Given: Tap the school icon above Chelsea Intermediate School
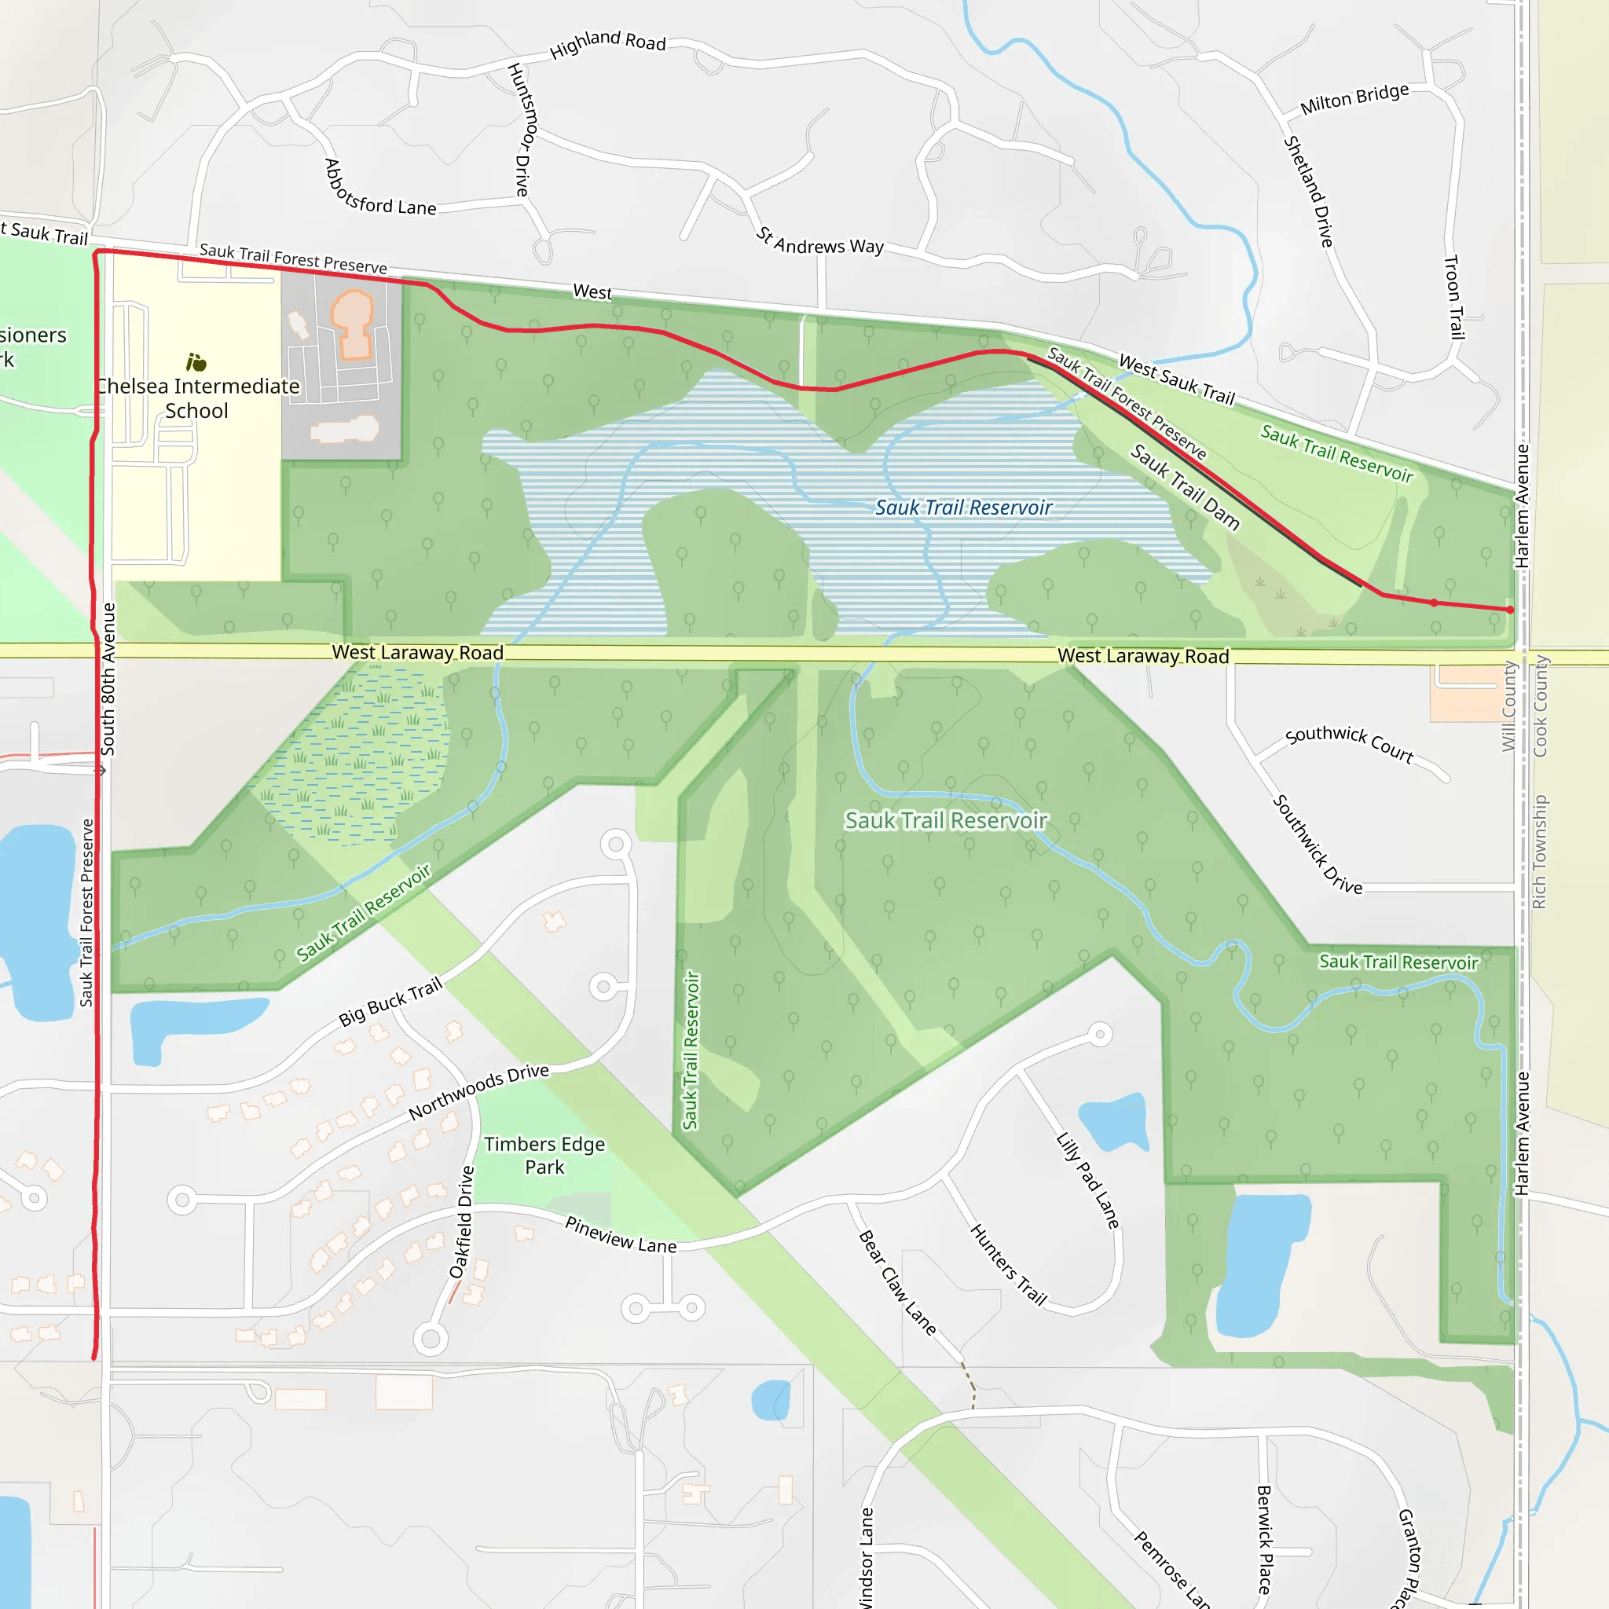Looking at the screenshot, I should (x=196, y=362).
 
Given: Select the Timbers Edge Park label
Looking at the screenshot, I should (x=544, y=1155).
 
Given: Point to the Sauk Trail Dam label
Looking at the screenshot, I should (x=1184, y=487).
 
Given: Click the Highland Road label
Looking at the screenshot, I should (x=608, y=44).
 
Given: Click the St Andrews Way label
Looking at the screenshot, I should (x=820, y=242).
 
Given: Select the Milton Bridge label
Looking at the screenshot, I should (x=1354, y=98).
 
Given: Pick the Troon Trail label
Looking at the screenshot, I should (x=1453, y=297).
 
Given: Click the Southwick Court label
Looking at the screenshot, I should (x=1349, y=743).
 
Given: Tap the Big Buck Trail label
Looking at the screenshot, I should (x=390, y=1002).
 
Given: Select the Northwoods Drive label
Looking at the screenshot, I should (x=479, y=1091).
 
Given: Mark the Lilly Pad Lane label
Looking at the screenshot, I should (x=1087, y=1180).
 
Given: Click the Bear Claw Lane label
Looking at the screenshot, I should (x=898, y=1282).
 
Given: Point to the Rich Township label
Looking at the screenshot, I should (x=1539, y=851).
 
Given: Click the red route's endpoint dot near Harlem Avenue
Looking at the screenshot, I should (x=1510, y=610).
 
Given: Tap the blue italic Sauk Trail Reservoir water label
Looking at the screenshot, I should (x=963, y=508).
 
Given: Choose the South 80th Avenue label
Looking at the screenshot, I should (x=108, y=679).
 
